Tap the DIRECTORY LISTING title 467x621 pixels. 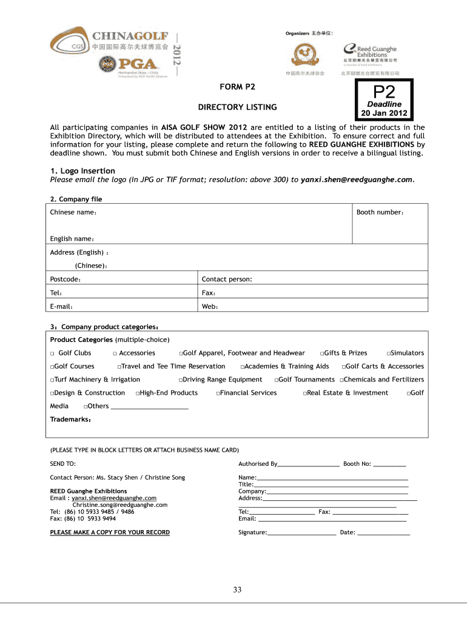pyautogui.click(x=237, y=107)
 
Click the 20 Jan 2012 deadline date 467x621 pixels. pyautogui.click(x=384, y=113)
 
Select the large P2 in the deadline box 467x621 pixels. pyautogui.click(x=384, y=92)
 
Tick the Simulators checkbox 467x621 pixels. pyautogui.click(x=389, y=354)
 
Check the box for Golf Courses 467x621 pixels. pyautogui.click(x=52, y=367)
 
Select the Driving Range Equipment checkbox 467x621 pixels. pyautogui.click(x=181, y=380)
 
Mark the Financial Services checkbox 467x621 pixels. pyautogui.click(x=218, y=394)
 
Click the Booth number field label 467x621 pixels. pyautogui.click(x=380, y=212)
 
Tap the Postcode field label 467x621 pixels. pyautogui.click(x=66, y=280)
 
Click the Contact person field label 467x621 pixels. pyautogui.click(x=227, y=280)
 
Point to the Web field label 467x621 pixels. pyautogui.click(x=210, y=306)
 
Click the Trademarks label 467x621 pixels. pyautogui.click(x=70, y=419)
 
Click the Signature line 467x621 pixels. pyautogui.click(x=301, y=532)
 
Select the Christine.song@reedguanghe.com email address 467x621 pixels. pyautogui.click(x=120, y=505)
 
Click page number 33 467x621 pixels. pyautogui.click(x=237, y=589)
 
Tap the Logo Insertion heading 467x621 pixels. pyautogui.click(x=82, y=171)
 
